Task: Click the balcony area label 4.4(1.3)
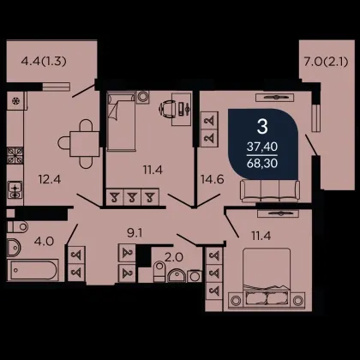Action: tap(44, 61)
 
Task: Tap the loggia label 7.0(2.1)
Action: tap(326, 62)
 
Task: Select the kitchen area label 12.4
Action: tap(50, 179)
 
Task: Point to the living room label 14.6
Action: tap(212, 179)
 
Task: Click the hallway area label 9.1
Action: tap(135, 233)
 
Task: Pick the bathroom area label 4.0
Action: tap(44, 242)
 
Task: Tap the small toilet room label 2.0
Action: tap(174, 257)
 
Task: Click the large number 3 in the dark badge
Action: tap(262, 127)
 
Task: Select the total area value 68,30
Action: tap(262, 163)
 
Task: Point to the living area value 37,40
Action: tap(262, 147)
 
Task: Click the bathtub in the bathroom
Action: tap(33, 270)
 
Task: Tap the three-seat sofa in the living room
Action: tap(270, 190)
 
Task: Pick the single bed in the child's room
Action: tap(121, 121)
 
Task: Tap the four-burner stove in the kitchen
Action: tap(15, 156)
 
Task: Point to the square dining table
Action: tap(85, 144)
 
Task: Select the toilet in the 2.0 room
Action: tap(159, 272)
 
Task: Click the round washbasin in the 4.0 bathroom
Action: tap(14, 248)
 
